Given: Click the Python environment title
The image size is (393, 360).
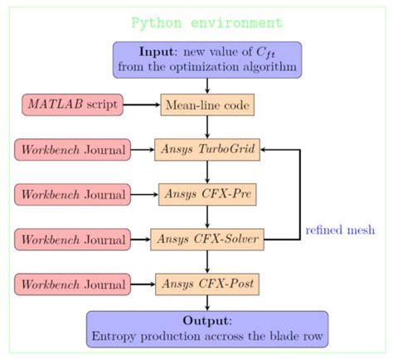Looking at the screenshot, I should coord(206,22).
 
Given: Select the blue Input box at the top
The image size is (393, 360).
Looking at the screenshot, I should coord(206,59).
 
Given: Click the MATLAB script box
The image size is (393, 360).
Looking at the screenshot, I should coord(73,105).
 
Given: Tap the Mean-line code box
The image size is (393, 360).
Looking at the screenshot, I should coord(206,105).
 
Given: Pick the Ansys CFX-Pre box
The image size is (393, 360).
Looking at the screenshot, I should coord(207,195).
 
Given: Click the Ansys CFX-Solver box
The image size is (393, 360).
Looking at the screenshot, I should coord(207,240).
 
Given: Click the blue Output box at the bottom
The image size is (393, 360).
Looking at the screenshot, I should coord(207,328).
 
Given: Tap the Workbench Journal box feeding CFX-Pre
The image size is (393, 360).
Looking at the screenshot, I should coord(73,195).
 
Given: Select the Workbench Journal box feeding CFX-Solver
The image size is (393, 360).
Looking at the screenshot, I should coord(73,240).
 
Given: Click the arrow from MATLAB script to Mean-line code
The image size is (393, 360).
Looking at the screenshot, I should coord(142,105).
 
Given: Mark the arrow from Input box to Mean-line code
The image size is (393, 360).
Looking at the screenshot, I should coord(207,85).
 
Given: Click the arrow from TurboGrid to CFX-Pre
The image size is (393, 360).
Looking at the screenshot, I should coord(207,173).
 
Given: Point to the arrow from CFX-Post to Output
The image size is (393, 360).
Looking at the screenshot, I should coord(207,304).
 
